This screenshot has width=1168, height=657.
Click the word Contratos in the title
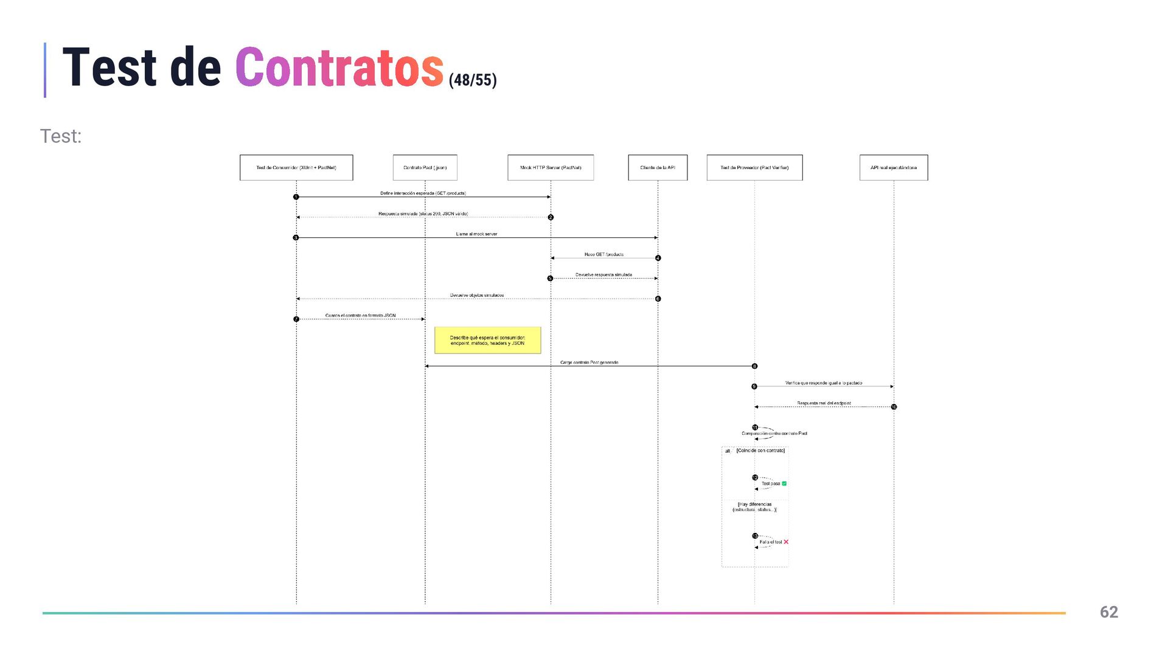coord(339,68)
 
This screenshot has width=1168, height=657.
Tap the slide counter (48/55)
coord(473,80)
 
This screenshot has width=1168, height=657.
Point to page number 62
coord(1108,612)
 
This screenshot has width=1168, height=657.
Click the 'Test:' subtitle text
coord(61,136)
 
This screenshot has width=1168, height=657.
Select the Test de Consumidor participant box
coord(296,167)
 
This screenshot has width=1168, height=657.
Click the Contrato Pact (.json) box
coord(425,167)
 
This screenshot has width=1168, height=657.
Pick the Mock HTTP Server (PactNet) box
coord(551,167)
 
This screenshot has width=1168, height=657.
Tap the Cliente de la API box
coord(658,167)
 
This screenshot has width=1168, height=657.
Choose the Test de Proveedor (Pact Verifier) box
coord(754,167)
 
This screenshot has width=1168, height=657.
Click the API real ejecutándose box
coord(894,167)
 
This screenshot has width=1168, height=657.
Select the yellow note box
coord(487,341)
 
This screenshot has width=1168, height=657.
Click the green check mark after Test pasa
coord(784,484)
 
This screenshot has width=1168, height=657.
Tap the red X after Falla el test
coord(786,542)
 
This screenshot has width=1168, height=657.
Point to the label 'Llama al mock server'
coord(476,234)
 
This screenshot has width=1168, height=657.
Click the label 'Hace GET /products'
coord(603,254)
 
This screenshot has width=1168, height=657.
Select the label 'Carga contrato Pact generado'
coord(589,363)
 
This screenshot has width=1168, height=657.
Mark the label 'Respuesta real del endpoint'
coord(824,403)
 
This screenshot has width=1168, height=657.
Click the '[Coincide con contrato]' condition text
coord(760,451)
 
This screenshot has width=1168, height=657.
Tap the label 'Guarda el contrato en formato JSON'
coord(360,316)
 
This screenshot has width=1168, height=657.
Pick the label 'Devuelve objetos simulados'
coord(477,296)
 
